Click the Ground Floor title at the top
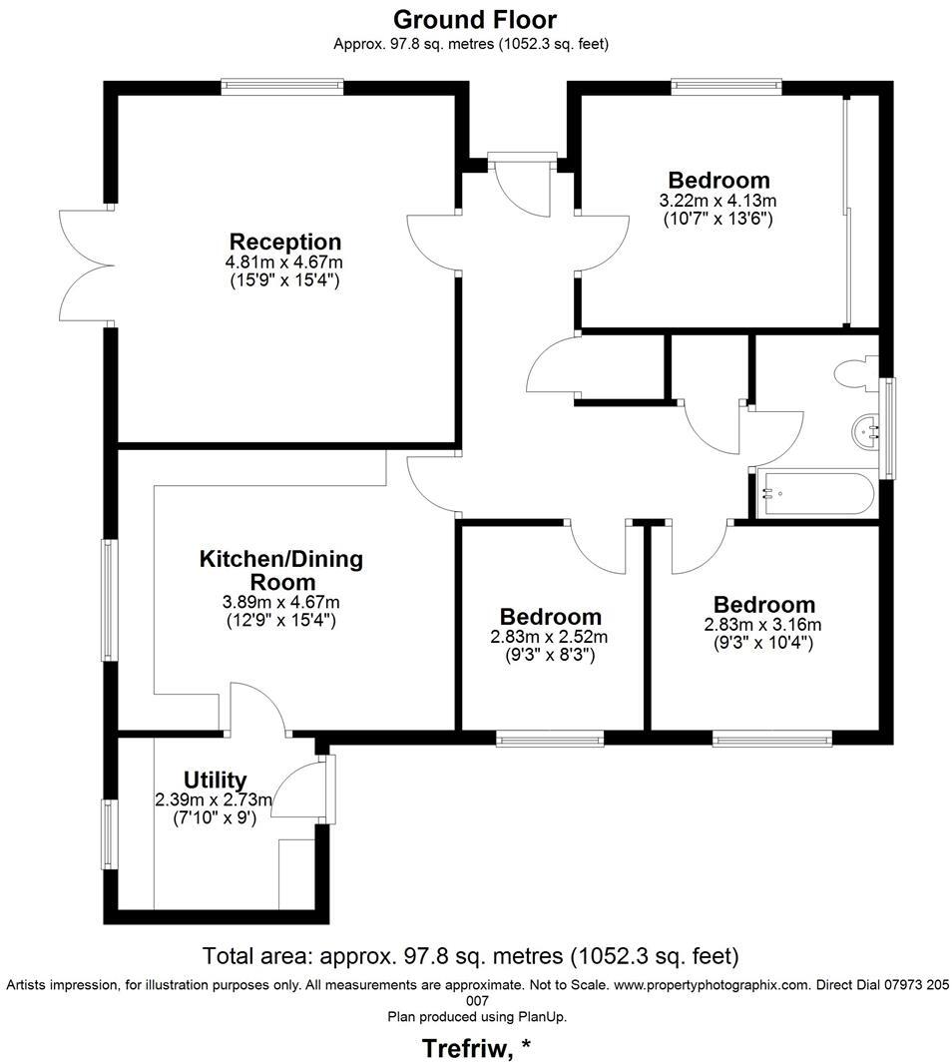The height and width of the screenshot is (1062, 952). (474, 19)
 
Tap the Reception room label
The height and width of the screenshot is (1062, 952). (284, 242)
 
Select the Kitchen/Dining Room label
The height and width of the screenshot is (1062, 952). (280, 570)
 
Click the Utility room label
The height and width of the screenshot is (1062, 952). (215, 780)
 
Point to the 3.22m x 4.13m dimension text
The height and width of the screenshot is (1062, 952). (717, 201)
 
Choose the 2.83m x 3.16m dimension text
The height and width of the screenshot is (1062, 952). (762, 625)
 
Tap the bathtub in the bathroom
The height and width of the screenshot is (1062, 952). (815, 493)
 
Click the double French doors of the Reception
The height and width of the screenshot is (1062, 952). (85, 265)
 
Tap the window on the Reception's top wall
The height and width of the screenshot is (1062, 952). (282, 87)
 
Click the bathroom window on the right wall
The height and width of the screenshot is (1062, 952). (888, 426)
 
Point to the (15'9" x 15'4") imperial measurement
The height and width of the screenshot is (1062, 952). (284, 280)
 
